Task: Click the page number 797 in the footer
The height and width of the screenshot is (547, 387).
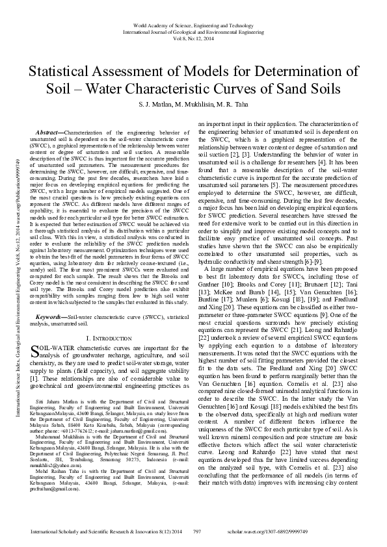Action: click(x=196, y=531)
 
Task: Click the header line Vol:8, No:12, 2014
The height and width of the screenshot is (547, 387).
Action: click(x=193, y=38)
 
